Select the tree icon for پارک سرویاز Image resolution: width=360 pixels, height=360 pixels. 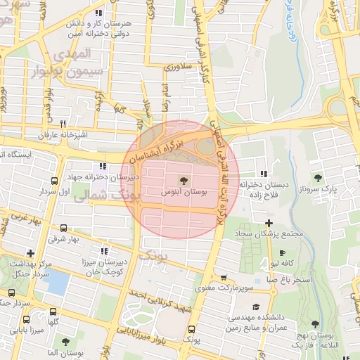tap(318, 178)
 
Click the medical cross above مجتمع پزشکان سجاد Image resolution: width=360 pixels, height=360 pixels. tap(269, 223)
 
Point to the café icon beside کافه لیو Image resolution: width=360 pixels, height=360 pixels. tap(283, 252)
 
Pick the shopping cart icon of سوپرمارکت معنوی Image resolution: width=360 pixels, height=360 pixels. tap(224, 278)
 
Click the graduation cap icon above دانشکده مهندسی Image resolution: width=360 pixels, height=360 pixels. tap(255, 307)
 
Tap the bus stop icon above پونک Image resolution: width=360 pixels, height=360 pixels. tap(191, 328)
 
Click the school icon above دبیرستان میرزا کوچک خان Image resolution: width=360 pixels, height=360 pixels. tap(104, 250)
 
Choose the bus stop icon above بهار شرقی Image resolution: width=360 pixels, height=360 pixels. tap(64, 228)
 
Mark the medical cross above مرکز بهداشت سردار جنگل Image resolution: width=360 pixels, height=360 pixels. tap(30, 253)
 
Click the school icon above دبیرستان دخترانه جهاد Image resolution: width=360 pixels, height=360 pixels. tap(104, 166)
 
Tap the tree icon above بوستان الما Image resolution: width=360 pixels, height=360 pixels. tap(66, 342)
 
